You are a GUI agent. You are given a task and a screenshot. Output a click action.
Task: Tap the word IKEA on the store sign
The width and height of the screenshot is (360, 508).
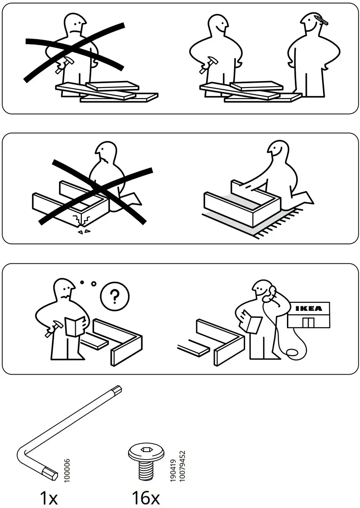[308, 308]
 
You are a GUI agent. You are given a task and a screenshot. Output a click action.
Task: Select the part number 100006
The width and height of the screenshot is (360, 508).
[67, 470]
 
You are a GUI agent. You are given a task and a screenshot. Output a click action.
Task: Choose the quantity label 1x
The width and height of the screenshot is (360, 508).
[48, 498]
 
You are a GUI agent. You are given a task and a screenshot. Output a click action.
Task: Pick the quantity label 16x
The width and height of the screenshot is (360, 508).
[146, 498]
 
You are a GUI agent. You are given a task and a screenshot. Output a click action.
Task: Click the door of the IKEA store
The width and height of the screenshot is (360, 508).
[309, 322]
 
